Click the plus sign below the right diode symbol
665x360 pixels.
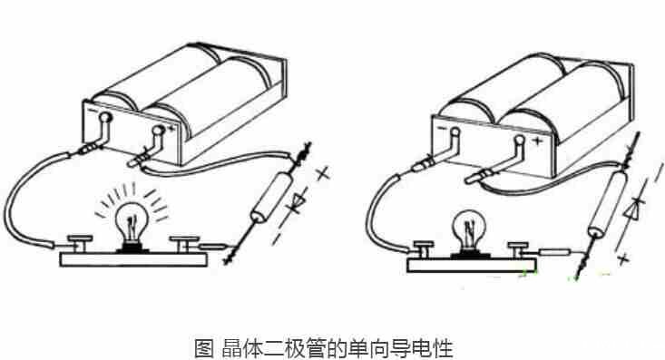[621, 260]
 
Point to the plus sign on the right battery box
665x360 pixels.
[539, 141]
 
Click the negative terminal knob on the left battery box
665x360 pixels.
[105, 119]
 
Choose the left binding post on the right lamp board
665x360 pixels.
[423, 245]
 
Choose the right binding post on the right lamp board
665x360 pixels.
[520, 246]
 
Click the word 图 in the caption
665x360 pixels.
[203, 348]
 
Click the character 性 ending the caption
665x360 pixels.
[443, 348]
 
